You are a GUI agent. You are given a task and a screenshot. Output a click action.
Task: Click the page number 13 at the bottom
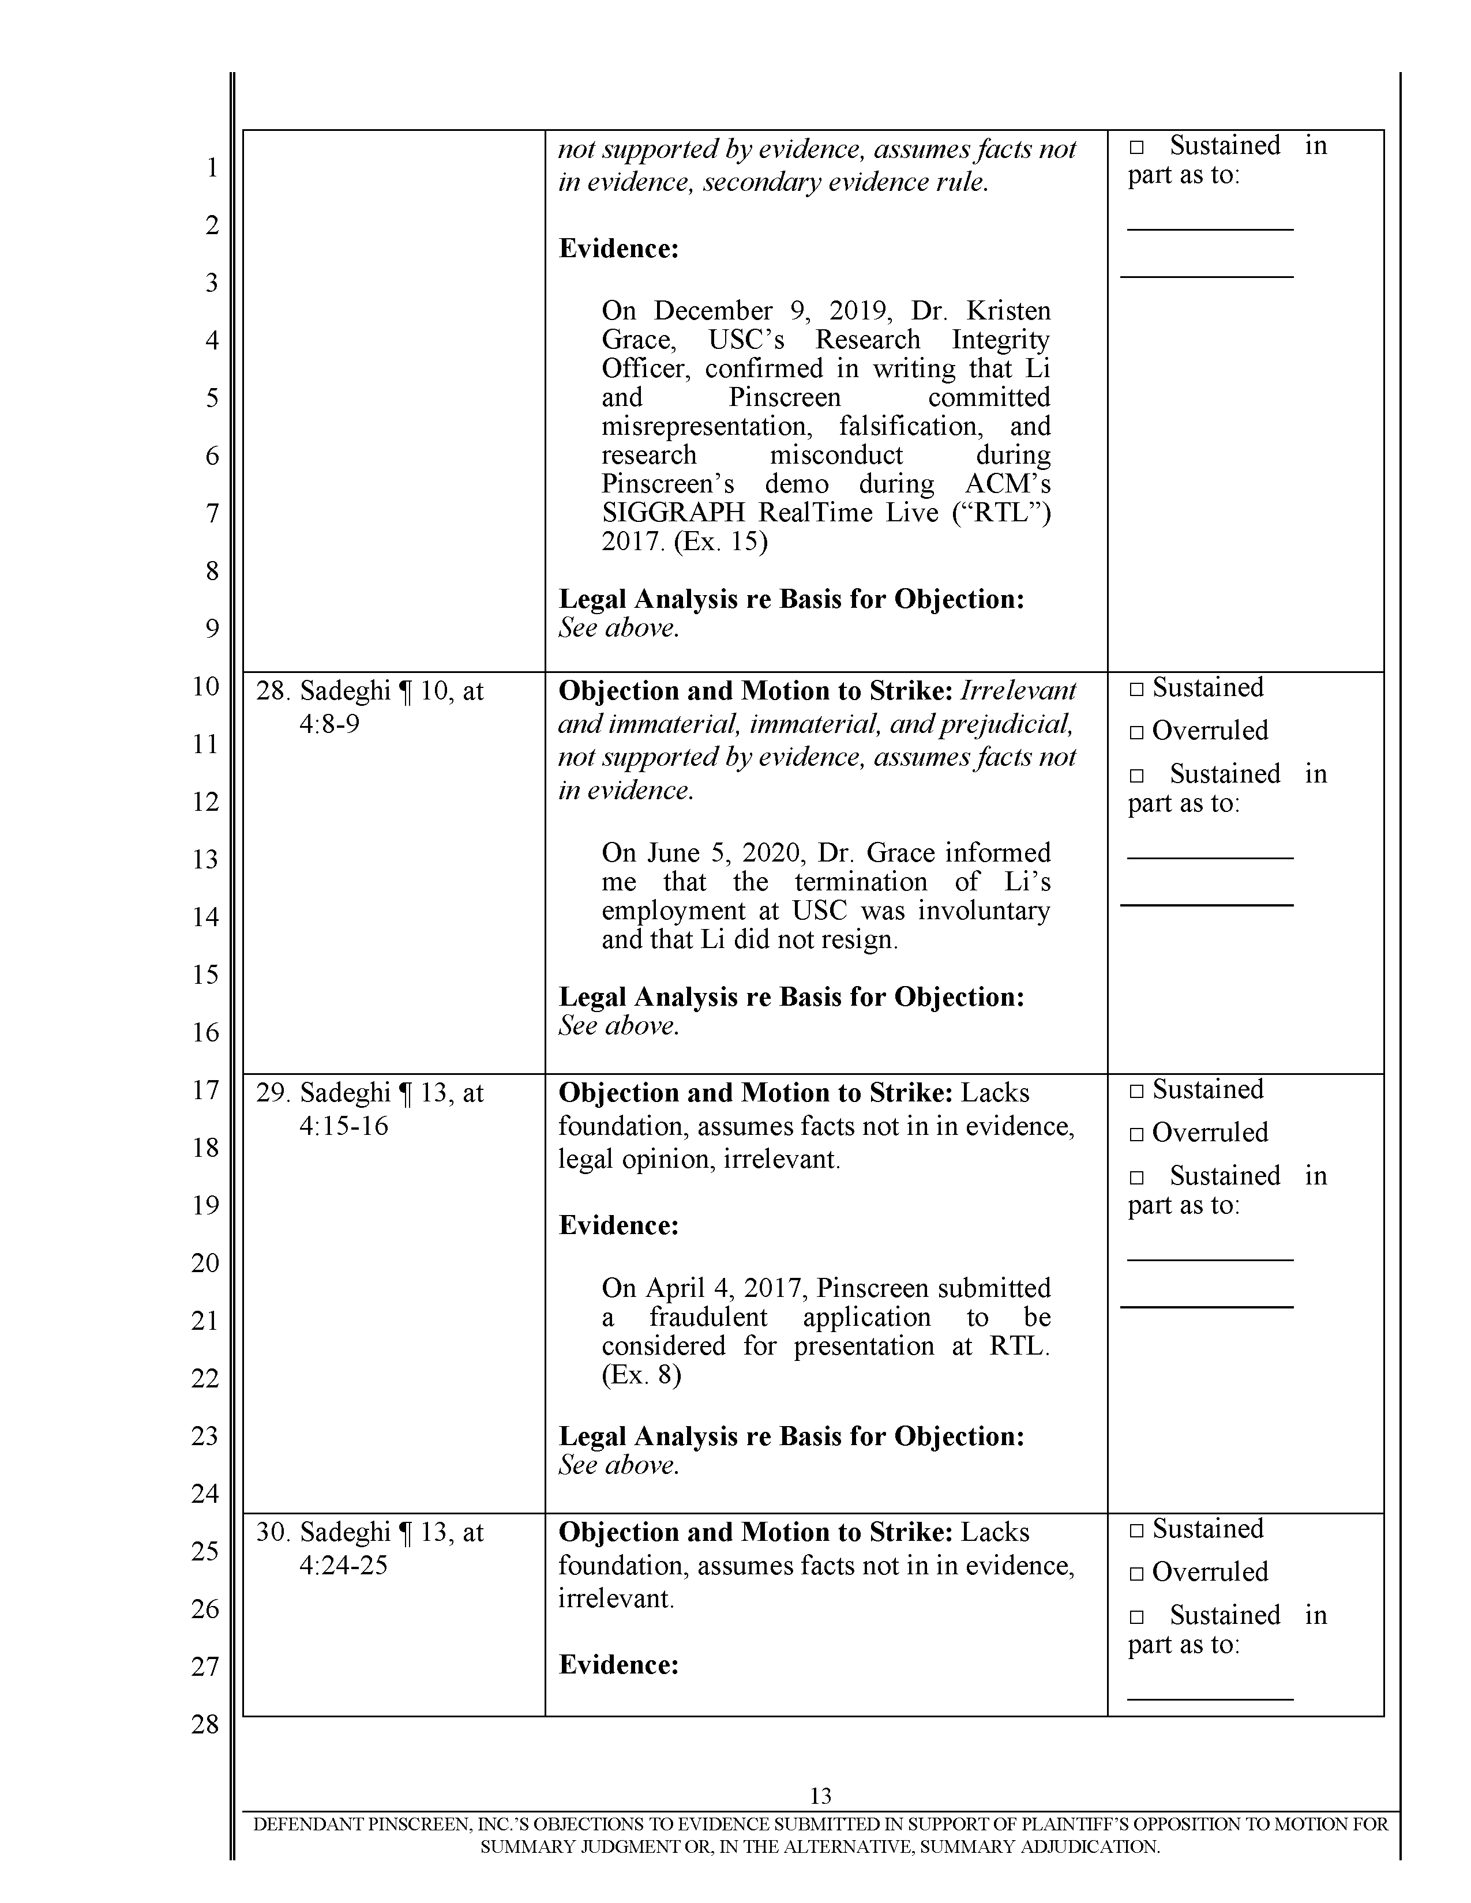[820, 1796]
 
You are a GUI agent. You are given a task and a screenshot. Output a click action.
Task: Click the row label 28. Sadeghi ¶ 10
[370, 691]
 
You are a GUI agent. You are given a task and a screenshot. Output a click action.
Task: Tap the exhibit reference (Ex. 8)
[641, 1374]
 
